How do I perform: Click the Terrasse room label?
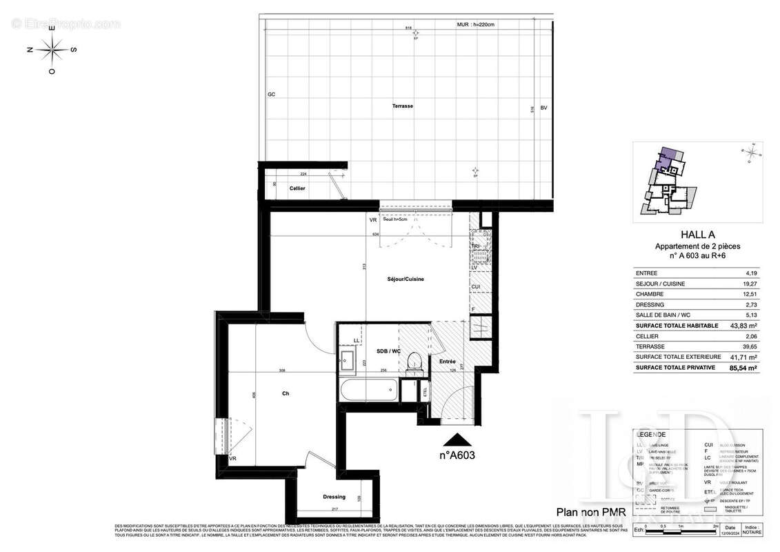click(x=403, y=106)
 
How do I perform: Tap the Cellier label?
click(x=297, y=188)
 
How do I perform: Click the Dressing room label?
click(x=334, y=497)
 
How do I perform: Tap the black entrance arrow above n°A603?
click(x=457, y=440)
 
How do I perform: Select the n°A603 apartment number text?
click(x=457, y=455)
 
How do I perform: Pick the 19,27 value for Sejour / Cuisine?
click(x=750, y=283)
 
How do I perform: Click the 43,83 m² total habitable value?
click(x=745, y=325)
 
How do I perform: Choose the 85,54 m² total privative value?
click(x=745, y=368)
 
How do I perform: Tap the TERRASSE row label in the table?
click(x=650, y=346)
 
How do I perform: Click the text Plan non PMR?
click(x=588, y=512)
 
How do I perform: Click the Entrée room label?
click(x=446, y=361)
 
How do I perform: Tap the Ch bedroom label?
click(x=285, y=394)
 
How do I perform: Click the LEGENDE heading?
click(x=652, y=435)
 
